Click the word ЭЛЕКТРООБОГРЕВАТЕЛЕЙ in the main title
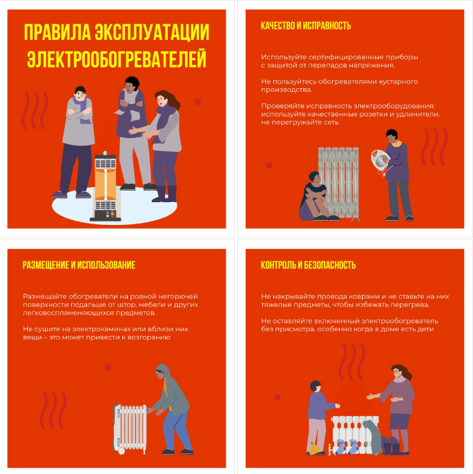(117, 59)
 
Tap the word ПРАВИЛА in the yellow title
(57, 32)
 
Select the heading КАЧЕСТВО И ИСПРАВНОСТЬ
(306, 26)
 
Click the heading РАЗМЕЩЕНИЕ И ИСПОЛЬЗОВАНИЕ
(79, 265)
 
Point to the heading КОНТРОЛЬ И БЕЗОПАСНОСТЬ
(308, 265)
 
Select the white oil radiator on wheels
(130, 428)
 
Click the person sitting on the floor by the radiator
(316, 197)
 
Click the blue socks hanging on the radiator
(347, 446)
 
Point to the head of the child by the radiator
(315, 386)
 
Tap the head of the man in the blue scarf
(80, 93)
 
